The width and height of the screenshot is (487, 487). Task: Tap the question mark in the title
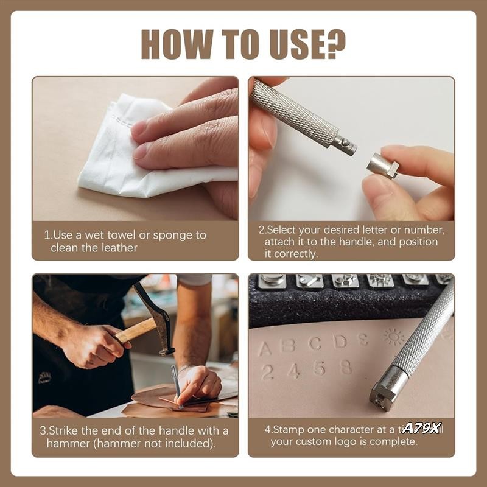pos(334,44)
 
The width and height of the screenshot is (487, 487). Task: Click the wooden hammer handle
pos(134,332)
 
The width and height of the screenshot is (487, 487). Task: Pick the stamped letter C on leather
pos(315,344)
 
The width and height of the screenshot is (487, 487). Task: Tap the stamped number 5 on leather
pos(320,368)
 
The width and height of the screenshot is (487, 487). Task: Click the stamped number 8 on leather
pos(346,367)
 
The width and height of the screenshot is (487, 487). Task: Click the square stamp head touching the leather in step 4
pos(384,393)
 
